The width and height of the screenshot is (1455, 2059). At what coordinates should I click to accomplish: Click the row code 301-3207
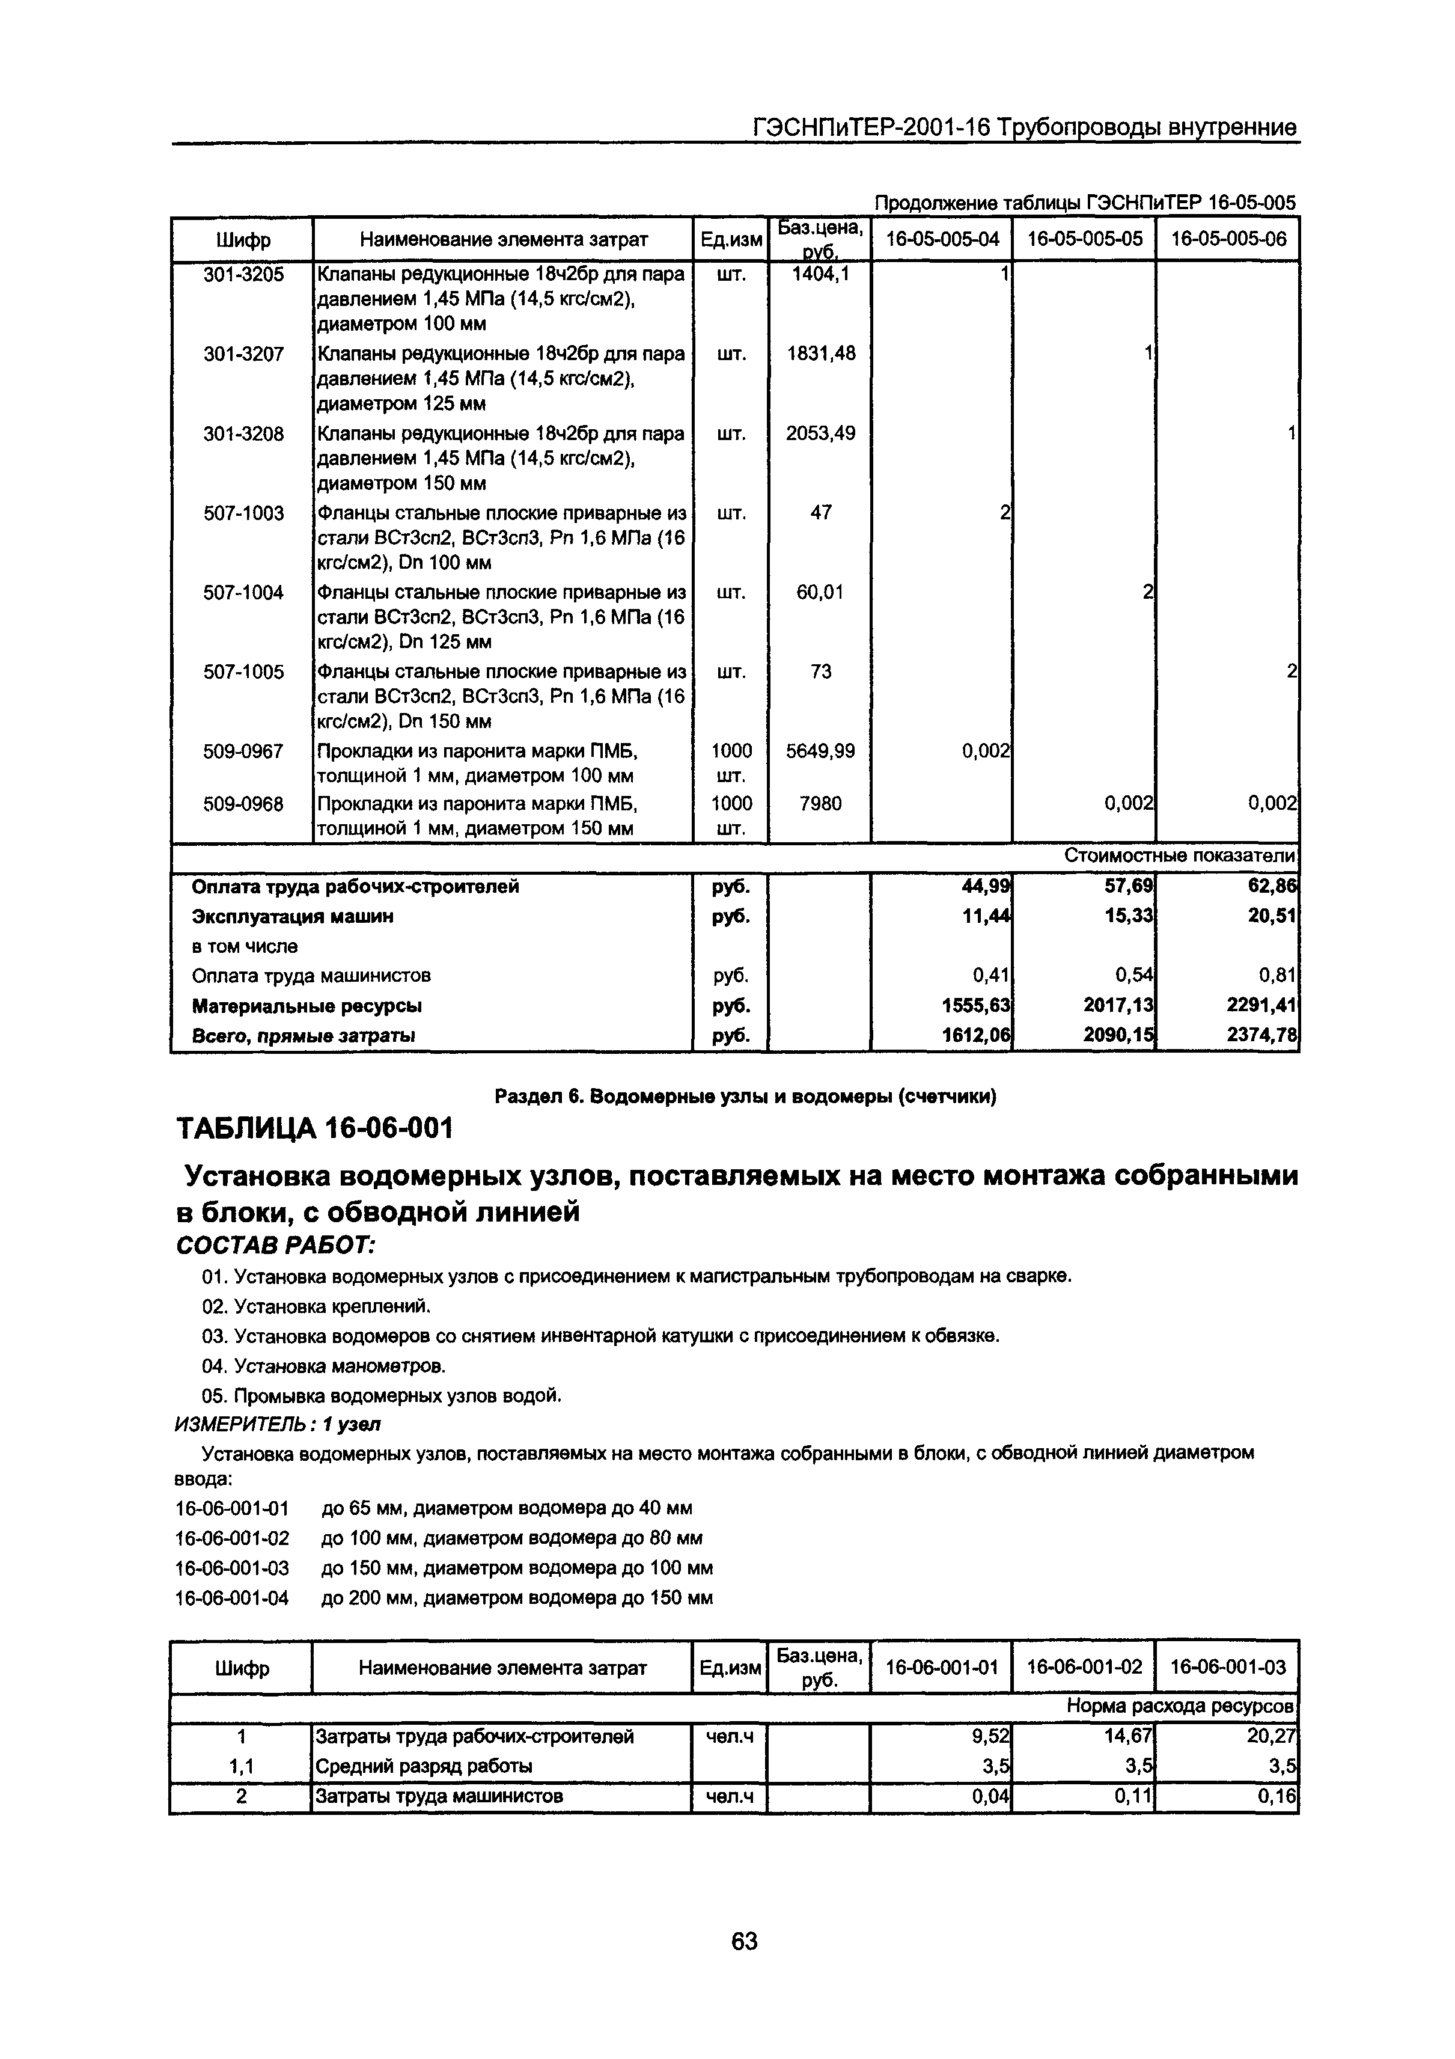(x=243, y=354)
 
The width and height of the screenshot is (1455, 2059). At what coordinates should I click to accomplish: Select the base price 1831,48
(x=820, y=354)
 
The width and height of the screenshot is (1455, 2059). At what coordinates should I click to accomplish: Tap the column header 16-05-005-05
(x=1085, y=239)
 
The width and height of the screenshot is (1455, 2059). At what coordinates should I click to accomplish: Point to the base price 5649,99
(x=820, y=751)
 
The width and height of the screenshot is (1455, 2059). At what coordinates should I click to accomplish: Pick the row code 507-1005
(x=243, y=672)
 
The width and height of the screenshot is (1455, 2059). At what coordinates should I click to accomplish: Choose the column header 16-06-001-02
(x=1085, y=1667)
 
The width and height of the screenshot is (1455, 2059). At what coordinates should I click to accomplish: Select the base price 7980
(x=820, y=804)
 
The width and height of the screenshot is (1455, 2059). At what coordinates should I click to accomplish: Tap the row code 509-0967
(x=243, y=751)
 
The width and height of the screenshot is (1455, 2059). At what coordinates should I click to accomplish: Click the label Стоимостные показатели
(x=1180, y=857)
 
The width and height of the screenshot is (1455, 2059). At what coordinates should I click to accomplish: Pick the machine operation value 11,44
(x=986, y=917)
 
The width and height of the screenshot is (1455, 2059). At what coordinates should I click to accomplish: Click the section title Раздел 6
(x=745, y=1096)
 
